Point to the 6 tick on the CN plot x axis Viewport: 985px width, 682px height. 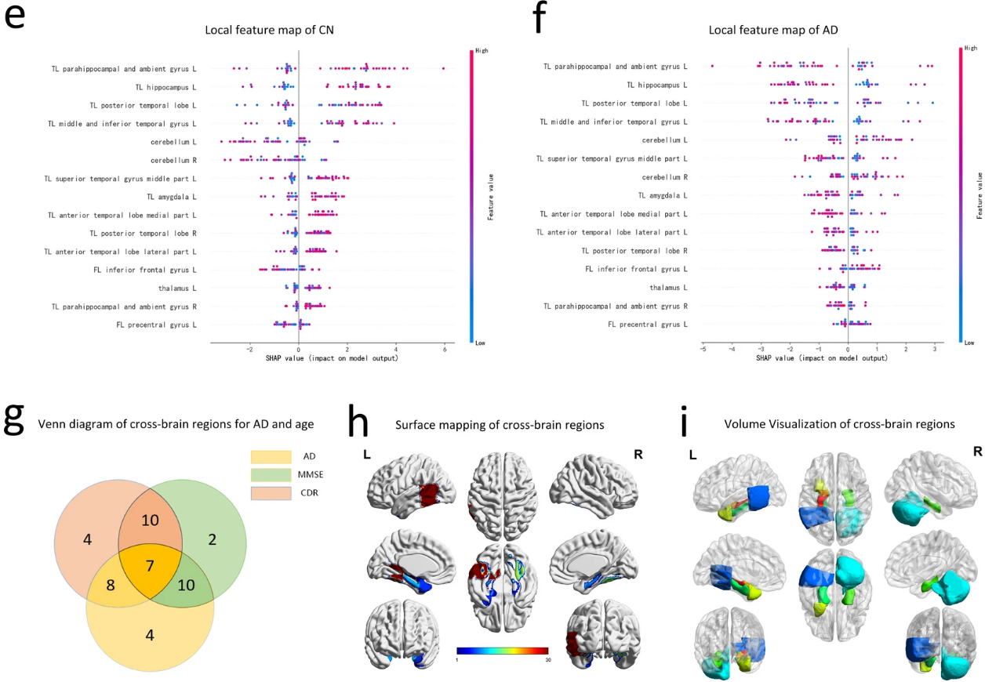click(x=445, y=350)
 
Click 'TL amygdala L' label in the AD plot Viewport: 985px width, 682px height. click(x=662, y=195)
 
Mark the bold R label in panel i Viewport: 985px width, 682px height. click(x=956, y=452)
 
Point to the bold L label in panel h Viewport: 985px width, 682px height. click(x=368, y=453)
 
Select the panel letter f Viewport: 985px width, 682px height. click(x=539, y=19)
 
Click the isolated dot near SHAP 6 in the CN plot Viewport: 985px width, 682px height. click(x=444, y=68)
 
